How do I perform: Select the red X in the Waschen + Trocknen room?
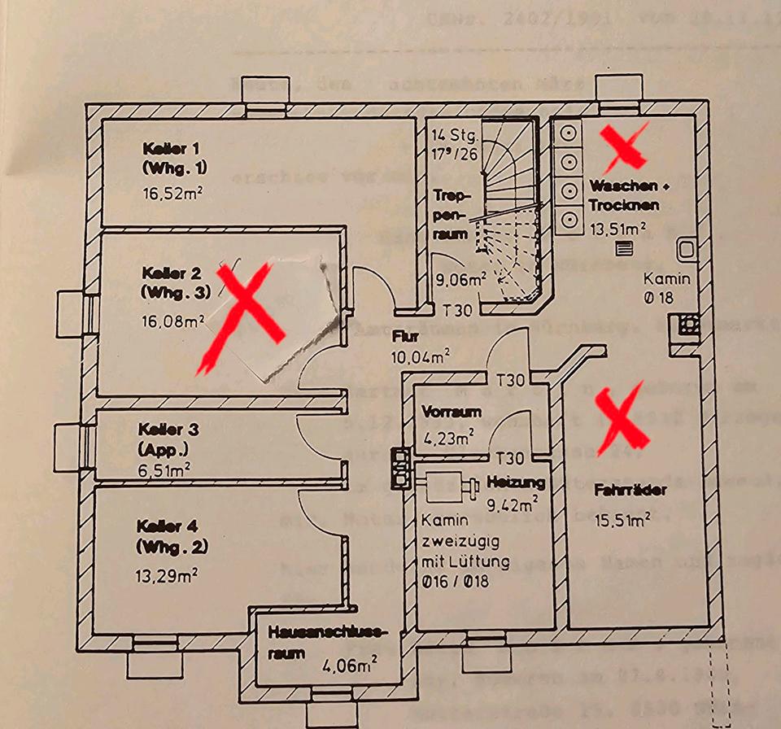[x=622, y=143]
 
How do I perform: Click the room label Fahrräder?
[x=619, y=491]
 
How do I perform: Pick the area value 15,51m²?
[x=621, y=517]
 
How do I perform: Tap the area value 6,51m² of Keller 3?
[x=165, y=468]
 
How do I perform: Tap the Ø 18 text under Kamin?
[x=658, y=298]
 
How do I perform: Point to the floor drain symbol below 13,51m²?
[x=624, y=249]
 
